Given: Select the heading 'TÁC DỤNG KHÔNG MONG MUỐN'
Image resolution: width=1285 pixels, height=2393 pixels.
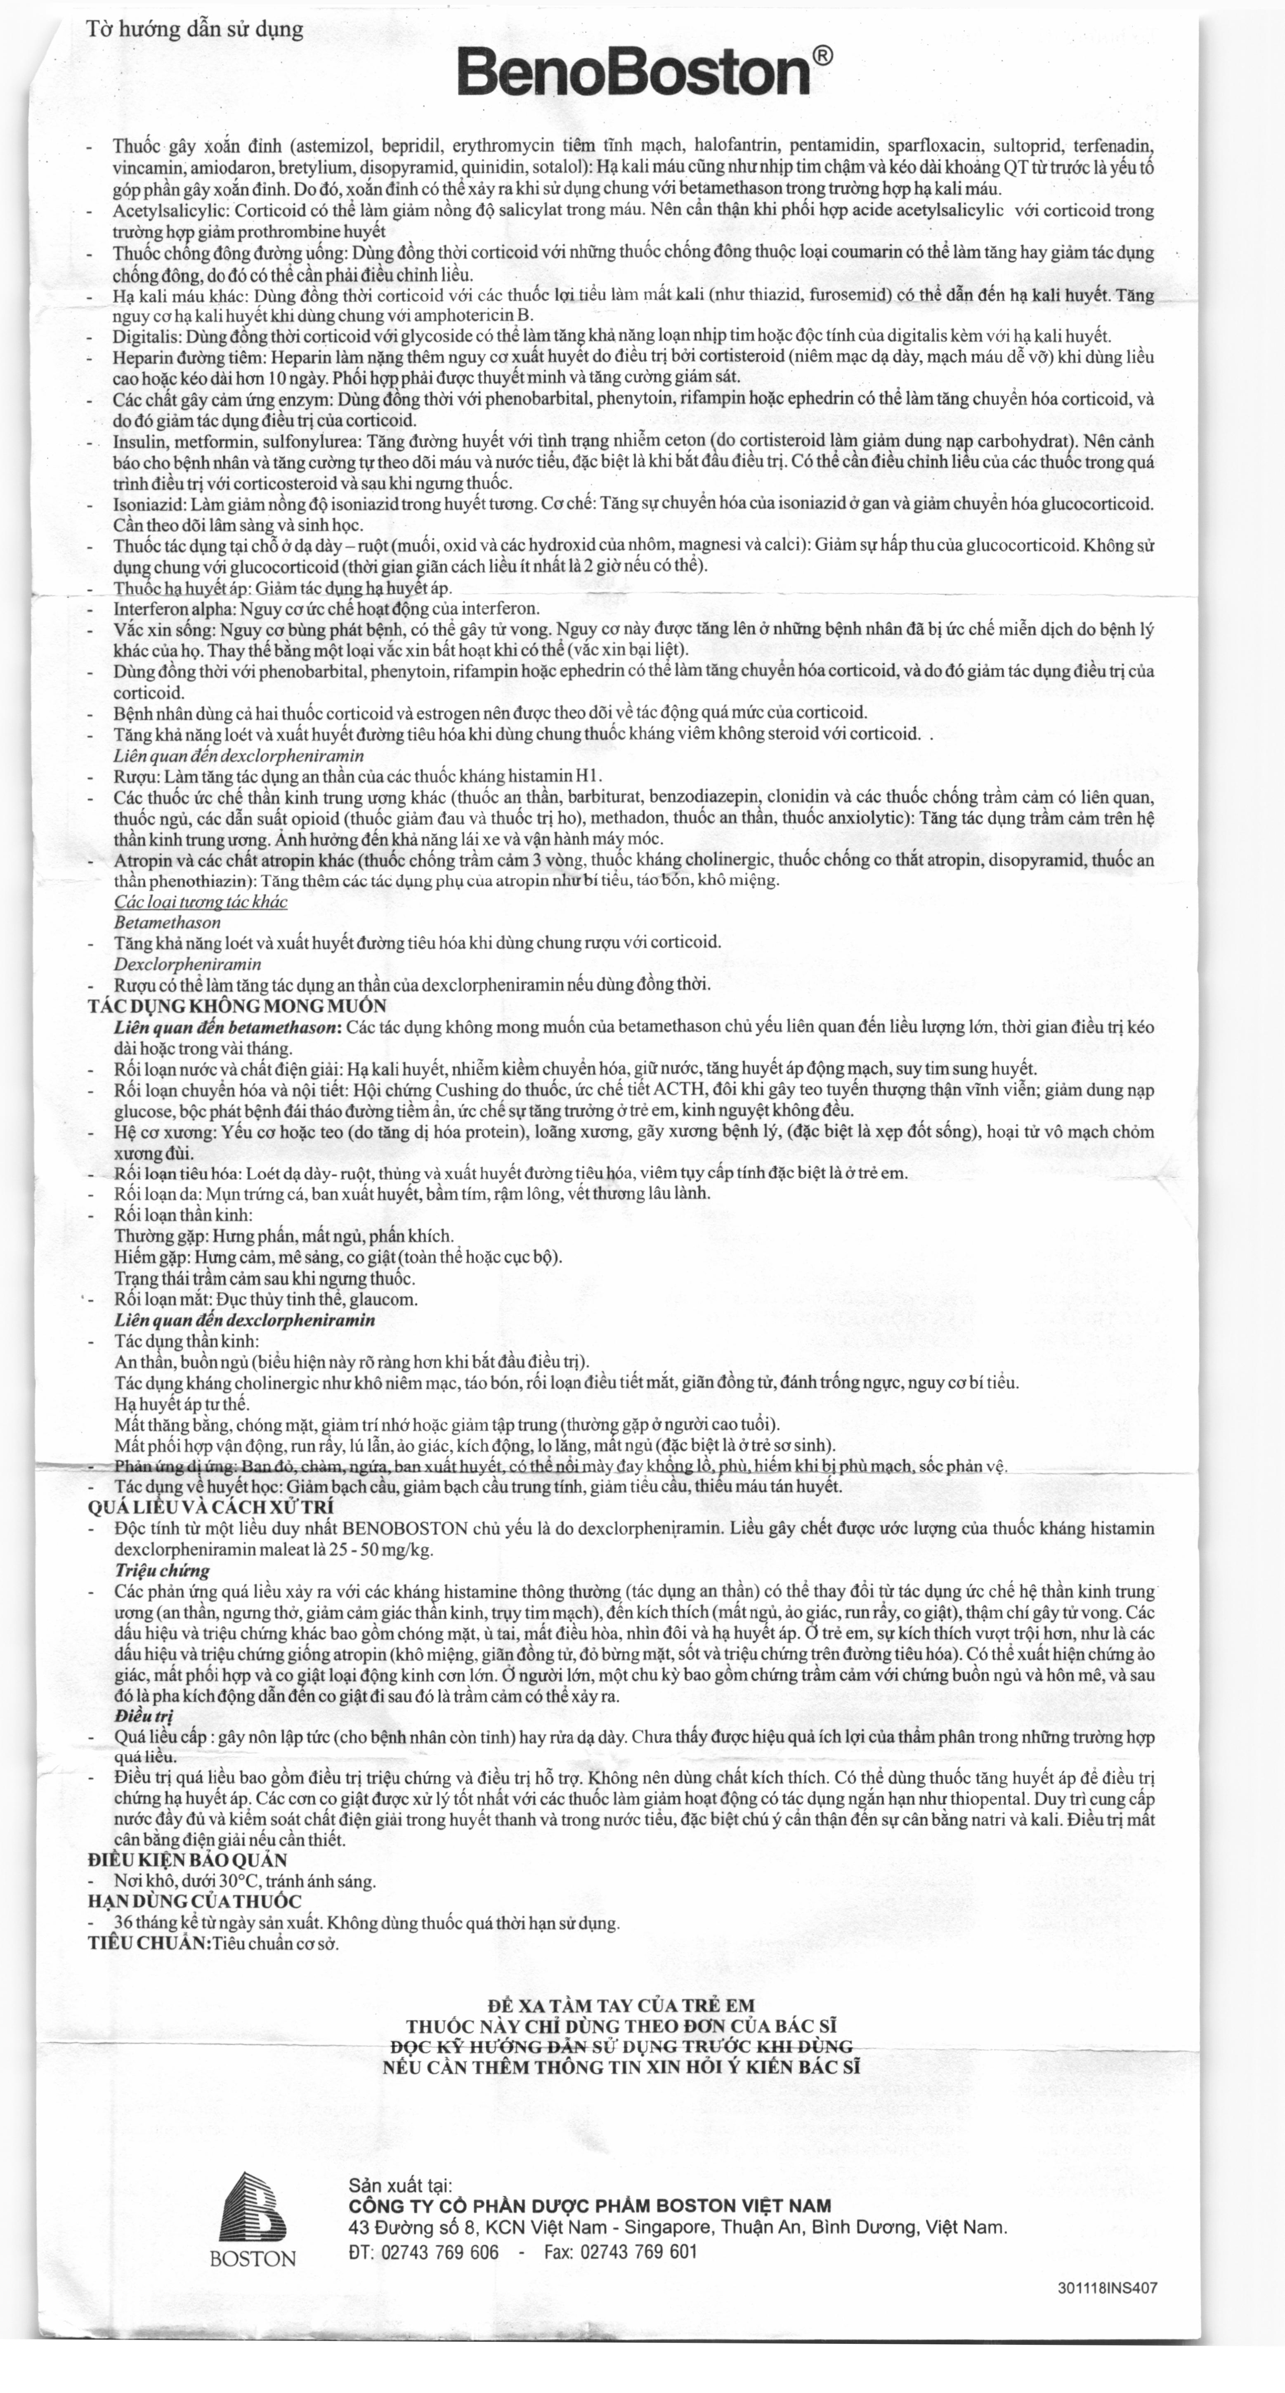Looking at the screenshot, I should [x=237, y=1006].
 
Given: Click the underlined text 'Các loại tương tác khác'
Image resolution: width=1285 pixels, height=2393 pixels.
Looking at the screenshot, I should [x=201, y=902].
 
